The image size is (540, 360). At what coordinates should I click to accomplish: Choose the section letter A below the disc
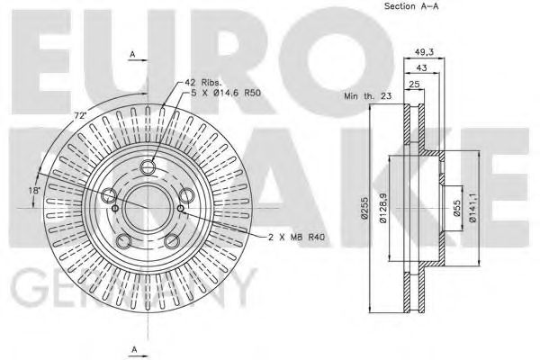(132, 348)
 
